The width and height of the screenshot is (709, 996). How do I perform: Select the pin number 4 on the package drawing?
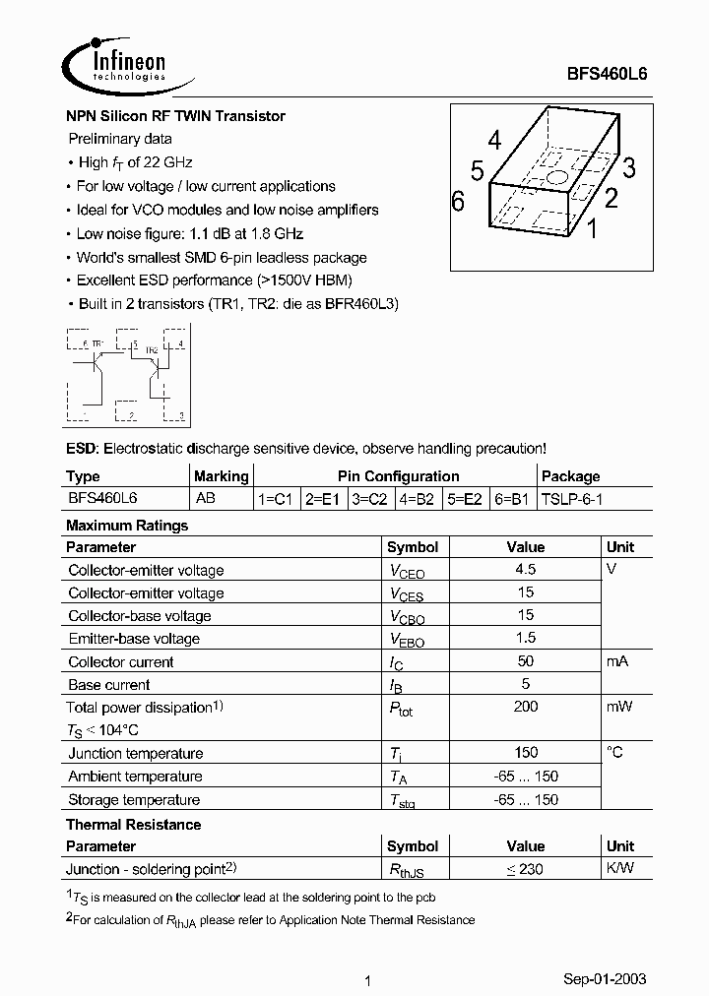click(x=494, y=140)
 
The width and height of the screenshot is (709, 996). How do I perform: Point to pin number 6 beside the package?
click(x=457, y=202)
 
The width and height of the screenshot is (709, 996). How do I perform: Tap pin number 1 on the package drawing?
click(x=592, y=230)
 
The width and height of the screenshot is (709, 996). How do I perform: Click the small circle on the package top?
click(x=556, y=178)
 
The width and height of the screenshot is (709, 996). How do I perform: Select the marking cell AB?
click(x=206, y=499)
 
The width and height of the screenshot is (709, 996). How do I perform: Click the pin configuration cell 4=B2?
click(x=417, y=499)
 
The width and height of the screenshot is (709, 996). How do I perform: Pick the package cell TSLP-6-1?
click(x=572, y=499)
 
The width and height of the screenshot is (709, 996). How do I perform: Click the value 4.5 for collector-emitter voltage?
click(x=526, y=570)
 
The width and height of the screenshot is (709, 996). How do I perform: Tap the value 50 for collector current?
click(x=526, y=661)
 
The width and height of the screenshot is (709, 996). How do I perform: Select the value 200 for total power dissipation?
click(x=526, y=707)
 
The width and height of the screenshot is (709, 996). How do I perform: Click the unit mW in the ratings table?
click(x=619, y=707)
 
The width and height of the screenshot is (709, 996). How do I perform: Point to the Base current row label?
click(x=109, y=684)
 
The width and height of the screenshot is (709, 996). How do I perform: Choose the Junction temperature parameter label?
click(x=136, y=753)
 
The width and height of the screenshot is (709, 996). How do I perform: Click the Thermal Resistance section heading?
click(x=133, y=824)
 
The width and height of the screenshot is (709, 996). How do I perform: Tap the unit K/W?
click(x=619, y=868)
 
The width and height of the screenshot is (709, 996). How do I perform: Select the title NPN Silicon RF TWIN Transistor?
click(x=175, y=116)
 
